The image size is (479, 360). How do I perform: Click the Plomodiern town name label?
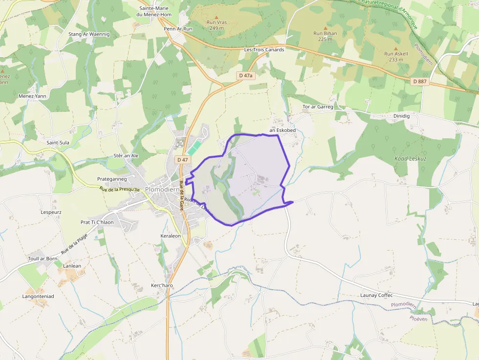pos(163,190)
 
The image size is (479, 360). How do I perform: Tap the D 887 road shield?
pos(420,81)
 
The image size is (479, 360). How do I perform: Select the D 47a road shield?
pos(246,76)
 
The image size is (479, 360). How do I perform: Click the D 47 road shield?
pos(182,160)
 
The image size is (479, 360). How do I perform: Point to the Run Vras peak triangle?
pos(216,17)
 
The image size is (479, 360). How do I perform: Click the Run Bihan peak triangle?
pos(325,28)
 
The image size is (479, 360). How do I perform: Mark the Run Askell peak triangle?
pos(395,48)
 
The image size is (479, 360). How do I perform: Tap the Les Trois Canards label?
pos(264,50)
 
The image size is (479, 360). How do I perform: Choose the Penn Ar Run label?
pos(178,29)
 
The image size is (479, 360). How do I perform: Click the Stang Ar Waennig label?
pos(89,34)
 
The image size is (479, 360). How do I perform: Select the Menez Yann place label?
pos(32,96)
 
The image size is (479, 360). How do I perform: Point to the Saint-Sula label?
pos(58,143)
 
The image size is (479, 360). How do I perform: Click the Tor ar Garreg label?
pos(318,106)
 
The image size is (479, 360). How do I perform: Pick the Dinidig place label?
pos(401,116)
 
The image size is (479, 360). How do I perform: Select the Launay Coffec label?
pos(376,296)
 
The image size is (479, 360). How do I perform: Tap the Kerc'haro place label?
pos(162,285)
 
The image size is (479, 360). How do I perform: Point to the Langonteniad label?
pos(38,296)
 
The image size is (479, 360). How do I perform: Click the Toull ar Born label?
pos(43,258)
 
